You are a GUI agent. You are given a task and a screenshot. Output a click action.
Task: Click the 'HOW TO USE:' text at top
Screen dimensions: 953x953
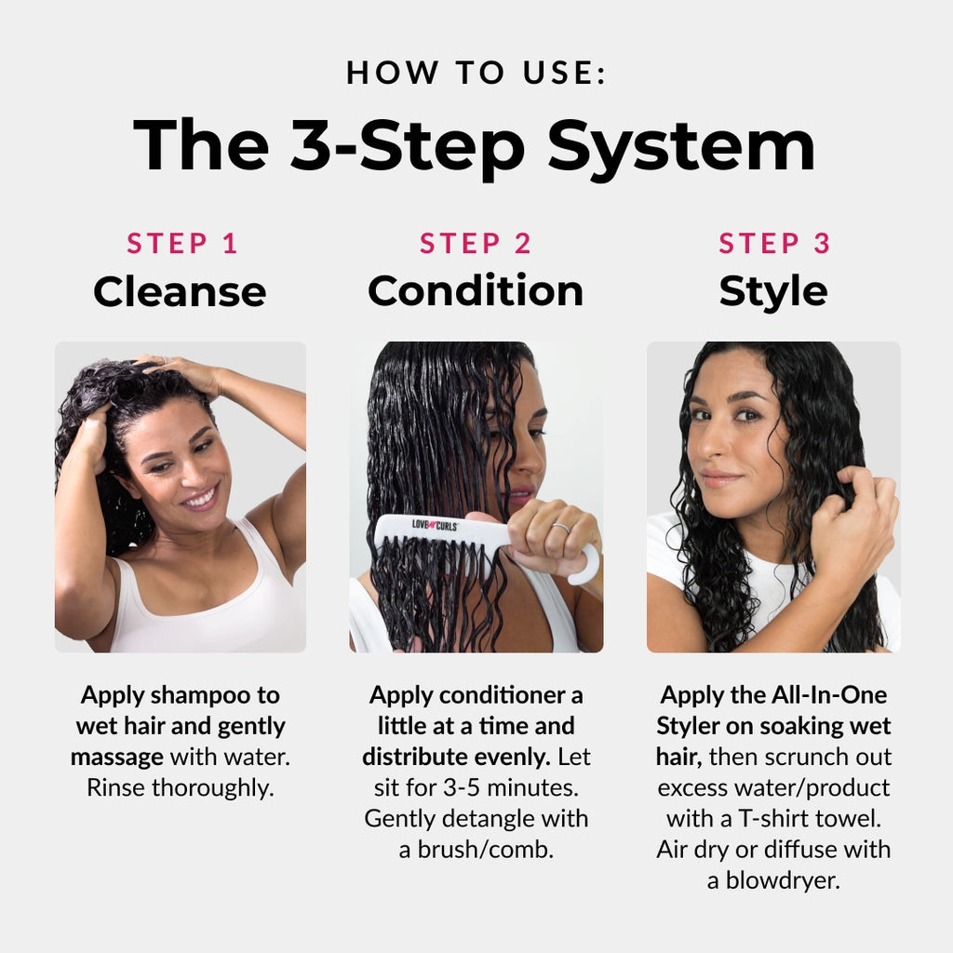[476, 73]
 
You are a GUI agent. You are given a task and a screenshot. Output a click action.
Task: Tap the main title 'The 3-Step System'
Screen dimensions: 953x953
[476, 145]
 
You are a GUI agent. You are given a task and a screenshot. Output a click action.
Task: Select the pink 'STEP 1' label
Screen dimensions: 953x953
[182, 244]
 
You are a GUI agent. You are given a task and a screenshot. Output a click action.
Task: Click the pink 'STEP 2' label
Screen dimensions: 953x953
[476, 244]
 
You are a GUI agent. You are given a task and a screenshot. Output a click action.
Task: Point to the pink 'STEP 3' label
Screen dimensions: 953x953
[774, 244]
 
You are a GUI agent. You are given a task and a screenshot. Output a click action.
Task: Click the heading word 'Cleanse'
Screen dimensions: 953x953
[180, 291]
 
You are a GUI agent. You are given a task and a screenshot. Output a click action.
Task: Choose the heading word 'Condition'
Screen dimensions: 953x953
[476, 291]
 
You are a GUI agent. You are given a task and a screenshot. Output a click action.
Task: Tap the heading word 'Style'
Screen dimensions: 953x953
[772, 291]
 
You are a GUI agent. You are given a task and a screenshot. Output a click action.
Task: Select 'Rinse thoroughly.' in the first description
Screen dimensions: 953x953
[180, 787]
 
